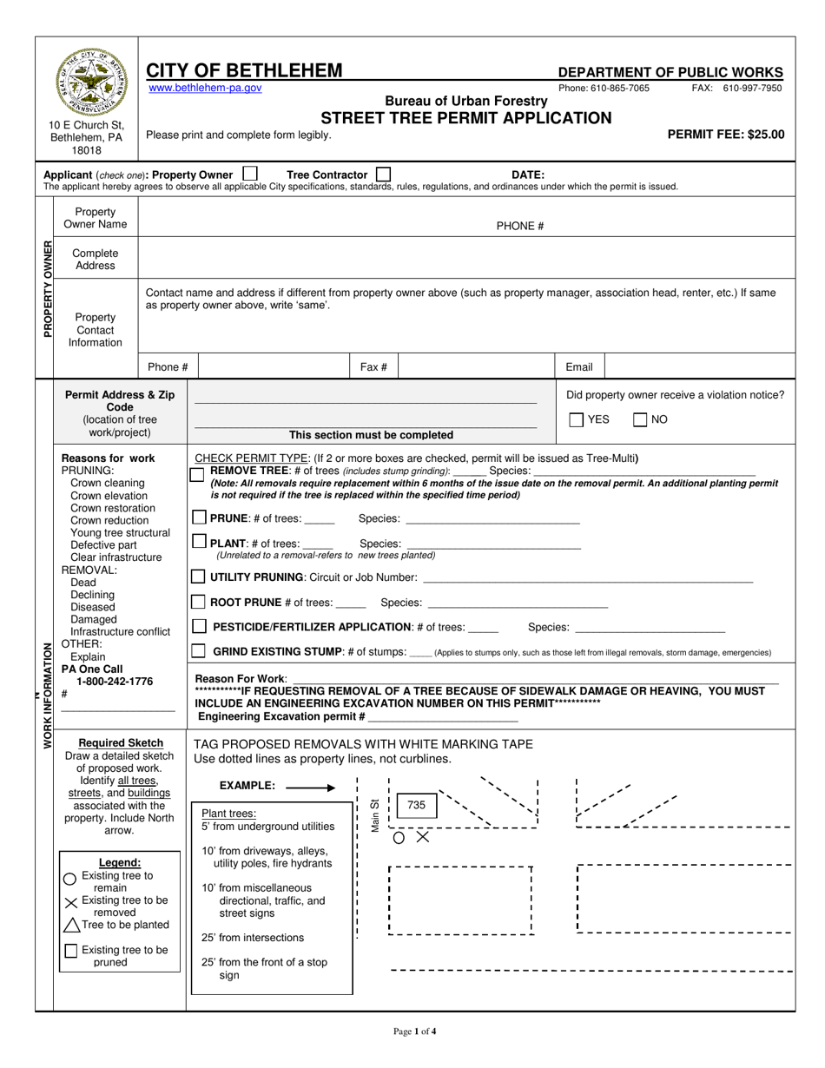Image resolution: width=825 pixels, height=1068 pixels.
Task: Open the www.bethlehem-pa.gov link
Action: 205,89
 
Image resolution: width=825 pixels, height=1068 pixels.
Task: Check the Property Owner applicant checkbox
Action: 250,174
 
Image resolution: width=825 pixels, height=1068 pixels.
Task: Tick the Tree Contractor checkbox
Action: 383,174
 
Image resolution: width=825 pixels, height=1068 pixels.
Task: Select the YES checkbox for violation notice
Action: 577,420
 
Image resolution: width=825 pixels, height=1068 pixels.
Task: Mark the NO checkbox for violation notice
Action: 640,420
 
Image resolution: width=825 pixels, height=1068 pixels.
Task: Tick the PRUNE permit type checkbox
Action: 199,518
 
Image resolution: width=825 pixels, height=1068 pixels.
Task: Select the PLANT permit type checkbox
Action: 199,542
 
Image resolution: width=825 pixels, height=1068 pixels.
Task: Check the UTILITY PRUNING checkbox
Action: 199,577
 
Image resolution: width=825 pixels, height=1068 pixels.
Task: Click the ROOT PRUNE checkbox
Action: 199,602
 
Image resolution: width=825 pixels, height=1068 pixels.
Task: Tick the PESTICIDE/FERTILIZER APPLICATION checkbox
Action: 199,626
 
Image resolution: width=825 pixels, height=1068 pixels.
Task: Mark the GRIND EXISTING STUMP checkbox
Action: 199,650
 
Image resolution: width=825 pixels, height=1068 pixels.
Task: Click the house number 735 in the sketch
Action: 416,805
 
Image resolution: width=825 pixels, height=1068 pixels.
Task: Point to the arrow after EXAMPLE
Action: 310,788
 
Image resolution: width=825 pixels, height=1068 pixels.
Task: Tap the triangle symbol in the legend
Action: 71,926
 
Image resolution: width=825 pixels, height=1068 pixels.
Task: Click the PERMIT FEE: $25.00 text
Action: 725,135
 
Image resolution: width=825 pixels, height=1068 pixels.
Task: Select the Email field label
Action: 579,367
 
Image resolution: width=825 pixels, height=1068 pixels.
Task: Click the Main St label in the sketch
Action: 375,815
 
